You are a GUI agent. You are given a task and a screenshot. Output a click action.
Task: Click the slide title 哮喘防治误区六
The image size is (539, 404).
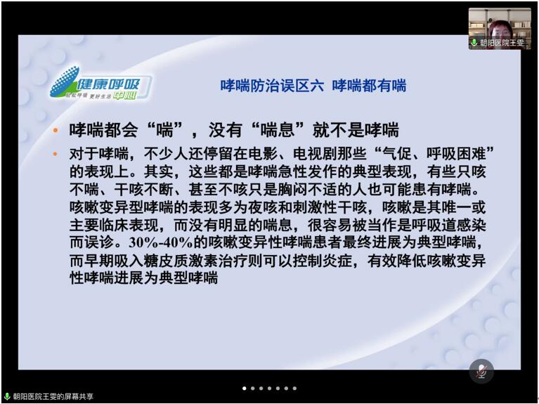[x=272, y=86]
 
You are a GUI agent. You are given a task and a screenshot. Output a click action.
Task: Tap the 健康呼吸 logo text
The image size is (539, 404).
[x=108, y=84]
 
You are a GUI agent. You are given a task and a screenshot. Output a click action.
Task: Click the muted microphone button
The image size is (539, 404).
[x=481, y=372]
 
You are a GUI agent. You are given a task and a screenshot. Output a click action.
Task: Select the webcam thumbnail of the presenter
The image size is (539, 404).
[x=500, y=29]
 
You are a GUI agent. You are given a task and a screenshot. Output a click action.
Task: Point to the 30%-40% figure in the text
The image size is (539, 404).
[x=160, y=243]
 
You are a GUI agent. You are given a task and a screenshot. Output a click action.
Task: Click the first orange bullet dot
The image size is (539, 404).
[x=56, y=130]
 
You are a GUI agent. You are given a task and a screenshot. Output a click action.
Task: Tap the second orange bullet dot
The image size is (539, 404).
[x=56, y=154]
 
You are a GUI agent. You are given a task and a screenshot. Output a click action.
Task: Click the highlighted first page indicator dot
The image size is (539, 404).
[x=245, y=388]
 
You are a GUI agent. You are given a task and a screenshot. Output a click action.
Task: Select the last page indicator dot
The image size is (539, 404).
[x=294, y=388]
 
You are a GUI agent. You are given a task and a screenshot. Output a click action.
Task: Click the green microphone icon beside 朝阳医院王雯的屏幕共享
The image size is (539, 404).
[x=7, y=396]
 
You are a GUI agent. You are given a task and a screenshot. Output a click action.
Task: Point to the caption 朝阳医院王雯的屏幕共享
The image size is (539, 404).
[x=53, y=396]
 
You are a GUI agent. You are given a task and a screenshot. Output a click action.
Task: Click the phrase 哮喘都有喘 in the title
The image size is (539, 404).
[x=369, y=86]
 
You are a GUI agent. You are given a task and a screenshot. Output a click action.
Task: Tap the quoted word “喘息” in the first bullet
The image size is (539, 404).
[x=278, y=130]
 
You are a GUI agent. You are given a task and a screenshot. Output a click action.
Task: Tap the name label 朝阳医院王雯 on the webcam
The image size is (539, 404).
[x=502, y=43]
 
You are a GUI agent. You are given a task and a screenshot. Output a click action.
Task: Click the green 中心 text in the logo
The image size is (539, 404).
[x=125, y=96]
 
